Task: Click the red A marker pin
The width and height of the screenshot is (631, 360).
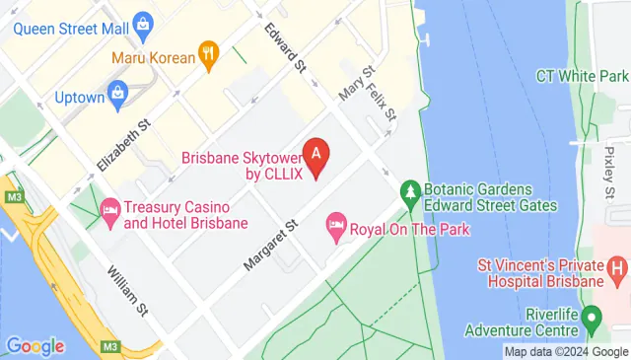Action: pos(315,156)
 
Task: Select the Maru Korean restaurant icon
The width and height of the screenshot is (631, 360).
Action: pos(208,56)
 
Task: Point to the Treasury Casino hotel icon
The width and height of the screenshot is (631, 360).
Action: pos(109,209)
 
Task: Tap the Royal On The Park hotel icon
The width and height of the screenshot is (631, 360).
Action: pos(336,229)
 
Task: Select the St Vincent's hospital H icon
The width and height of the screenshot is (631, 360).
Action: pos(618,266)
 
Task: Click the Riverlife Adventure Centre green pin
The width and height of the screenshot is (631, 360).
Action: pos(592,318)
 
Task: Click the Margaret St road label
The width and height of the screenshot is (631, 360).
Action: pos(269,247)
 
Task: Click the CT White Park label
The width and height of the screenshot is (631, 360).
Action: pos(582,76)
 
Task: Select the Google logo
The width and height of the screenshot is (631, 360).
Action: pos(35,346)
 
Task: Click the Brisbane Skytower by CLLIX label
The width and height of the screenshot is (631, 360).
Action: pos(241,165)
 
